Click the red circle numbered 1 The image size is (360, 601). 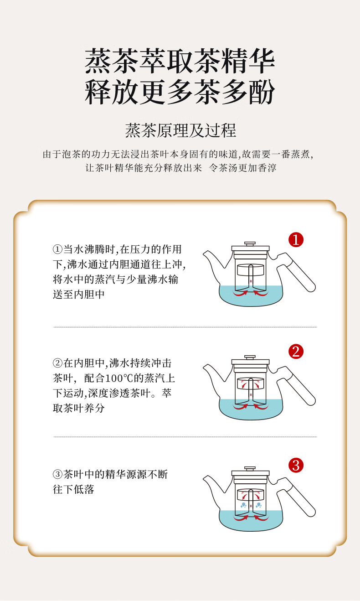296,239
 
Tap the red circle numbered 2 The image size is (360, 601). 296,352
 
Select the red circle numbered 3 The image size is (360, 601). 296,466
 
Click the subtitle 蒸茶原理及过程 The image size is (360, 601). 180,131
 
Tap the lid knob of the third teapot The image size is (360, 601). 250,468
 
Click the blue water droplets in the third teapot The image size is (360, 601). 251,505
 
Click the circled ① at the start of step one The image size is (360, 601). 57,249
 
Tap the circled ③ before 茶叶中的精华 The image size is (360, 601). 57,474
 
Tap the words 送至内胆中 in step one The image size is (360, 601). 78,295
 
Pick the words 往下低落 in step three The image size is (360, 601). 73,489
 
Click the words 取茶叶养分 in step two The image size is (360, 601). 78,409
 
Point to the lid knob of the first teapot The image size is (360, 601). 250,244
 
